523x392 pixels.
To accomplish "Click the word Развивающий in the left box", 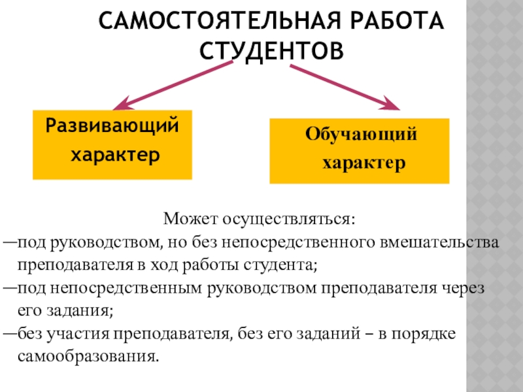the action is pyautogui.click(x=111, y=124).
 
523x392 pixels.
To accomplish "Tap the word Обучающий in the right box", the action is pyautogui.click(x=360, y=135).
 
